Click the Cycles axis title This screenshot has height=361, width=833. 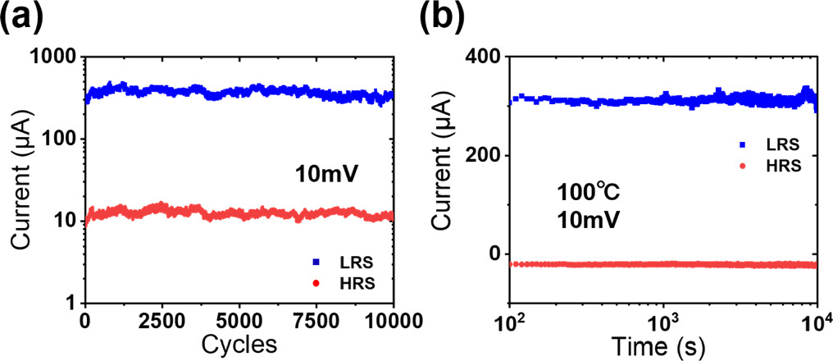click(239, 345)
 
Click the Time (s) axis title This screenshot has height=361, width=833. click(662, 345)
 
